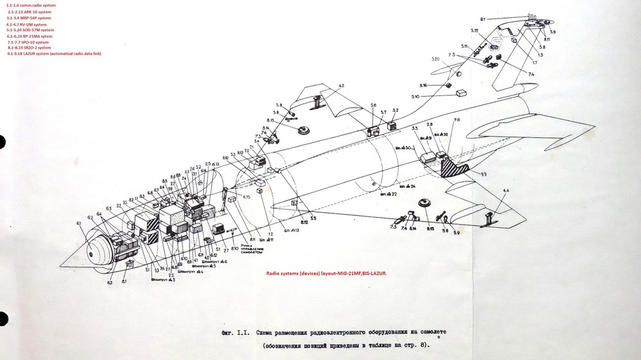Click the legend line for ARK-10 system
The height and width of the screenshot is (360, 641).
(29, 12)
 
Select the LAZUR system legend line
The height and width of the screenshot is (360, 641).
(54, 54)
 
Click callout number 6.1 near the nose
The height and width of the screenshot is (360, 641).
(79, 223)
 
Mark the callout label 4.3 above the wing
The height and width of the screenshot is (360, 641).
(340, 85)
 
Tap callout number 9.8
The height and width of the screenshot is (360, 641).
(456, 120)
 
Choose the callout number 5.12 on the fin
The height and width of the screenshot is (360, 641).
(474, 30)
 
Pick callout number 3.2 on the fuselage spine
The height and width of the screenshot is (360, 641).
(395, 111)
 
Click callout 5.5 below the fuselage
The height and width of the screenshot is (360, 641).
(313, 218)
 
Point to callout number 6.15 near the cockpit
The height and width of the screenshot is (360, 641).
(246, 197)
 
